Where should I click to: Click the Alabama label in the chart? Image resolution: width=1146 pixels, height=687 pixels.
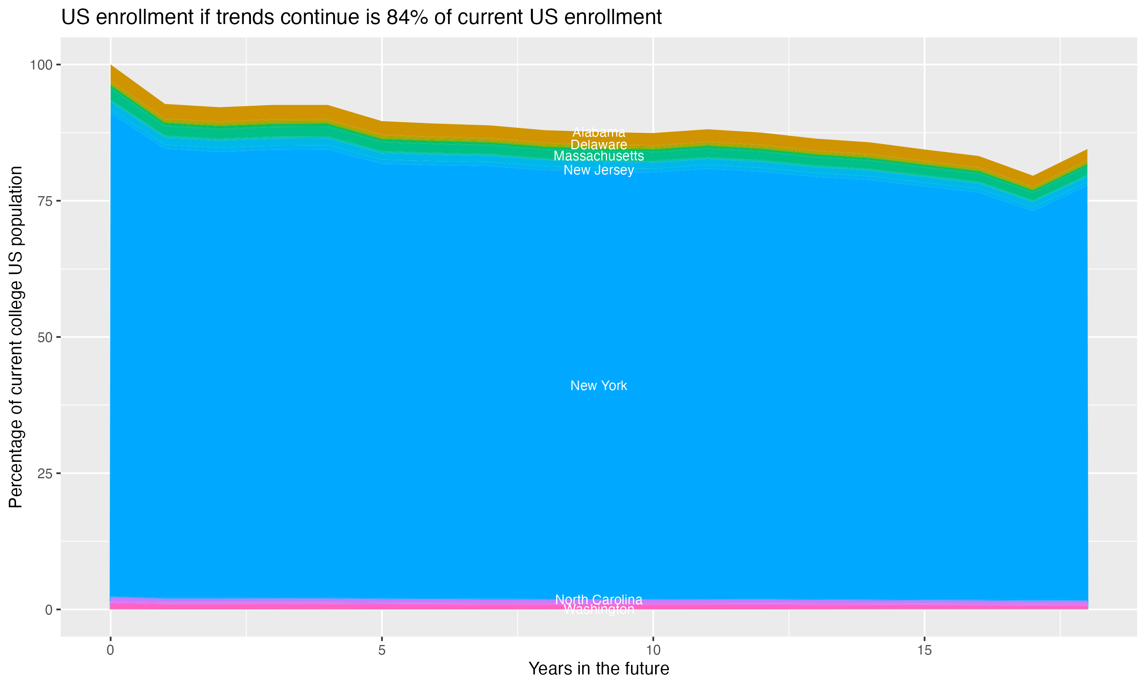point(599,132)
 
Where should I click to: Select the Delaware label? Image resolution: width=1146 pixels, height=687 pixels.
point(599,144)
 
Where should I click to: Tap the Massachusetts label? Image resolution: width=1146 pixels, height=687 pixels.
point(599,156)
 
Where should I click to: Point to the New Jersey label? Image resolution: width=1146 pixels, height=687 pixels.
point(599,170)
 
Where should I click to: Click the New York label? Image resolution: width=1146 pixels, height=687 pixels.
point(599,385)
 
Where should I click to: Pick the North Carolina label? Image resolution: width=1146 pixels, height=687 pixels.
point(599,600)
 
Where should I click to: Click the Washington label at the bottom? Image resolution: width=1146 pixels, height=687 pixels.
point(599,610)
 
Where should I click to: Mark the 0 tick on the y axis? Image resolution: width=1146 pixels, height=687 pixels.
point(48,610)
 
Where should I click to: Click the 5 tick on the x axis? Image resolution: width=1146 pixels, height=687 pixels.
point(382,650)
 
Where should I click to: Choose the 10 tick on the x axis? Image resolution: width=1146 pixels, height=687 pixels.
point(653,650)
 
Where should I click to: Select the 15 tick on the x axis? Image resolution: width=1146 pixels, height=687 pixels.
point(924,650)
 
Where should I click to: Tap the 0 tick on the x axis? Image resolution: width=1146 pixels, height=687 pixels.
point(110,650)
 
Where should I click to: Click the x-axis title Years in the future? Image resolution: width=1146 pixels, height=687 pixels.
point(599,668)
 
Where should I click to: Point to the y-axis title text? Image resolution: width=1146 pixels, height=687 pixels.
point(16,337)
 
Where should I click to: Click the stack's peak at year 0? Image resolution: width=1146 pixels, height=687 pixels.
point(111,66)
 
